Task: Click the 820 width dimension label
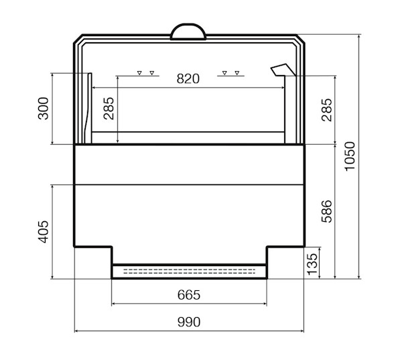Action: [188, 78]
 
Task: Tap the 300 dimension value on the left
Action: [43, 109]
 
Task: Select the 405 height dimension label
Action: [43, 232]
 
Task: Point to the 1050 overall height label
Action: [350, 156]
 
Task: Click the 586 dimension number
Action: [327, 211]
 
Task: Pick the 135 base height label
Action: [312, 264]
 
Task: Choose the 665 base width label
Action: [189, 295]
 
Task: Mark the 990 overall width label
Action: [189, 322]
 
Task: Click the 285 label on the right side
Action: [327, 110]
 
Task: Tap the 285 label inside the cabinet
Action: [109, 109]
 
